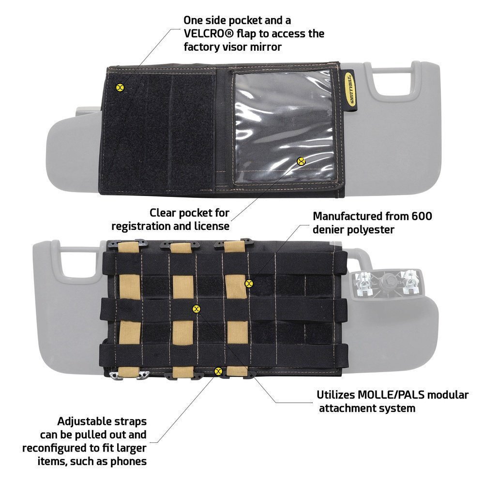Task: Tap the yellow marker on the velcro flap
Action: (x=120, y=87)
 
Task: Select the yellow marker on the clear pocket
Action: (x=301, y=161)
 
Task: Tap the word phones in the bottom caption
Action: (x=128, y=461)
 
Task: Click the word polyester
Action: (x=368, y=230)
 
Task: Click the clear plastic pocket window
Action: (x=283, y=127)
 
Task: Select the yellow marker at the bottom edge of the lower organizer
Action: (x=218, y=371)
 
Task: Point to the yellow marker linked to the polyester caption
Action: (x=248, y=283)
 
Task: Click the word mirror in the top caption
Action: (x=266, y=47)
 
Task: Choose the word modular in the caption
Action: (x=449, y=395)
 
